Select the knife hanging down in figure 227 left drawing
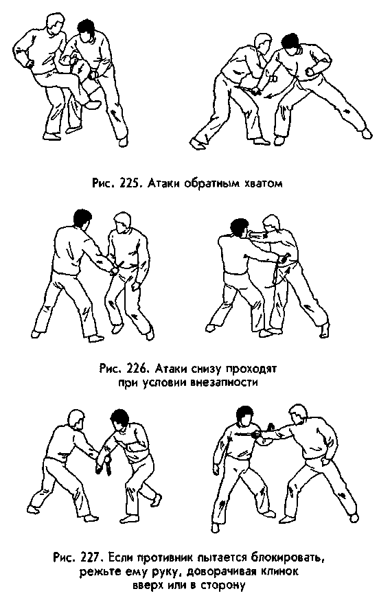(108, 468)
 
